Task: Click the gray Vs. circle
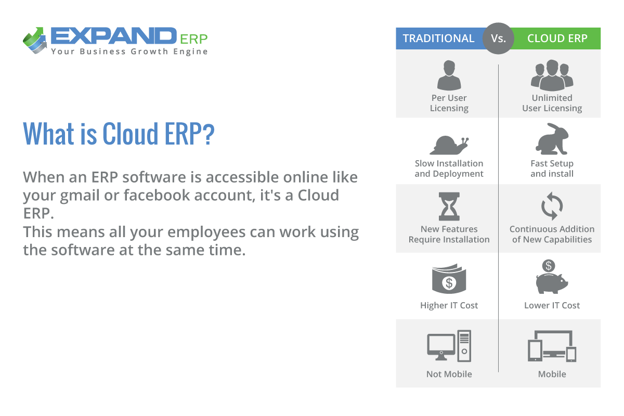[498, 38]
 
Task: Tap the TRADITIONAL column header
[439, 38]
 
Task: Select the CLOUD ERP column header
[557, 38]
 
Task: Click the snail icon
[449, 145]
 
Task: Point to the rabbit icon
[552, 139]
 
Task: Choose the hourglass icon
[449, 206]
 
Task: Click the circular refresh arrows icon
[552, 206]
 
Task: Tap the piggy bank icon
[552, 277]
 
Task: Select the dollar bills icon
[449, 279]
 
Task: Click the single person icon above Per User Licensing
[449, 75]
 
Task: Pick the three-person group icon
[552, 75]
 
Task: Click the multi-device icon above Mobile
[552, 346]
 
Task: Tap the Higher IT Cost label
[449, 305]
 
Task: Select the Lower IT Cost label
[552, 305]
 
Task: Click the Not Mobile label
[449, 374]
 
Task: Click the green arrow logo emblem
[35, 41]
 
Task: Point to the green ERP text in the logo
[194, 40]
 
